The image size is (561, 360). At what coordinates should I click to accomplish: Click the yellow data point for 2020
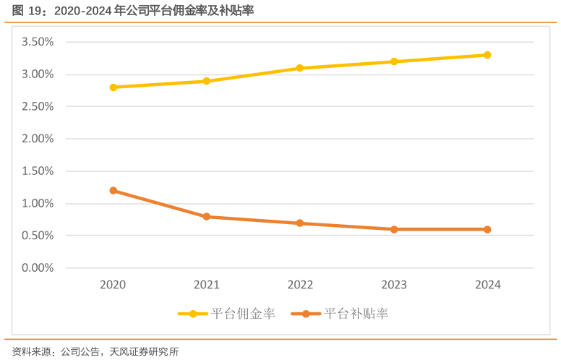click(113, 87)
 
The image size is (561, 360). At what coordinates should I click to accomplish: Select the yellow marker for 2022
click(300, 68)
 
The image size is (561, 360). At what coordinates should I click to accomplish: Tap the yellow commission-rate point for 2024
click(487, 55)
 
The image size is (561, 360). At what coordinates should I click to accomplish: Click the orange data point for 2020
click(113, 191)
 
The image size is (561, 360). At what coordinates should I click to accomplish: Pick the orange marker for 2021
click(206, 217)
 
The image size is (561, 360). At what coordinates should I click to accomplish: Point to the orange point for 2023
click(394, 229)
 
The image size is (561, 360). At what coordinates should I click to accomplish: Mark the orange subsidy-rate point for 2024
click(487, 229)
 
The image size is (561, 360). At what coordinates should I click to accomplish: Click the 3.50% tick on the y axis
click(38, 43)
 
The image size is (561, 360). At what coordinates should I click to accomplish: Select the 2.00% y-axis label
click(38, 139)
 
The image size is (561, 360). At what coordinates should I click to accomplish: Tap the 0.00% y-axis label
click(38, 268)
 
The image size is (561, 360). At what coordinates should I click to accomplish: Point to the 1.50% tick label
click(38, 171)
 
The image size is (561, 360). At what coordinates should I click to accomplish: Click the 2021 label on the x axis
click(206, 285)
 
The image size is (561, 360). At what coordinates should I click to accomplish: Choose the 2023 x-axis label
click(394, 285)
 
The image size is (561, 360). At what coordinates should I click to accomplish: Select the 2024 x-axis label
click(487, 285)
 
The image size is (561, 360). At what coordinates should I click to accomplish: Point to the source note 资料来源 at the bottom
click(94, 352)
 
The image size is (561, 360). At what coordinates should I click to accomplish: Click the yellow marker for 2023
click(394, 61)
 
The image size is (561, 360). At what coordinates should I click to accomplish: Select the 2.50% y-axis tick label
click(38, 107)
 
